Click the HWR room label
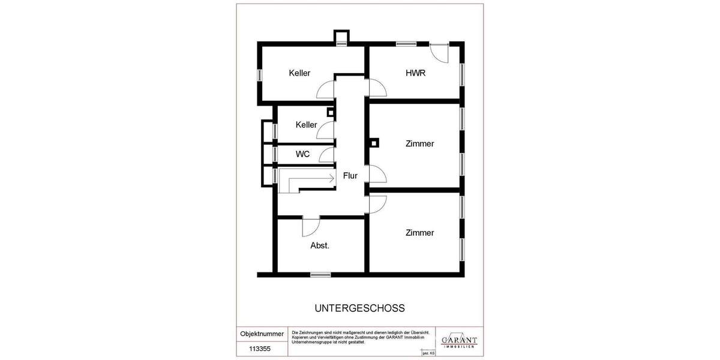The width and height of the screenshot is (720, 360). pos(415,73)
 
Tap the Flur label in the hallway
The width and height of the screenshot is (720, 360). pos(350,176)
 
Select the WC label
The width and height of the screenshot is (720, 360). pos(303,154)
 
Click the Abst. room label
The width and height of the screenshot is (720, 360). pos(320,245)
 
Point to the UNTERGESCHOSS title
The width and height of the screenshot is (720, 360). pos(359,308)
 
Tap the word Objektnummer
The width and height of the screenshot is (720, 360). pos(262,334)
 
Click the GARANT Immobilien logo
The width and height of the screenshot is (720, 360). pos(459,340)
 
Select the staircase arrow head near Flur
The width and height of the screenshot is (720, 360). pos(331,178)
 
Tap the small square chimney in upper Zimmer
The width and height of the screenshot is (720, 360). pos(374,143)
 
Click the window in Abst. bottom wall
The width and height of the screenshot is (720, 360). pos(320,274)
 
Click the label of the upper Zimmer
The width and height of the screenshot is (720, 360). pos(419,144)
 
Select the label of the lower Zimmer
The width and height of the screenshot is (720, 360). pos(419,233)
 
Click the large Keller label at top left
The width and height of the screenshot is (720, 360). pos(299,73)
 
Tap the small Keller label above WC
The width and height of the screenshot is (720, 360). pos(306,125)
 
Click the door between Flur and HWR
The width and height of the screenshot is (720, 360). pos(376,89)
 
